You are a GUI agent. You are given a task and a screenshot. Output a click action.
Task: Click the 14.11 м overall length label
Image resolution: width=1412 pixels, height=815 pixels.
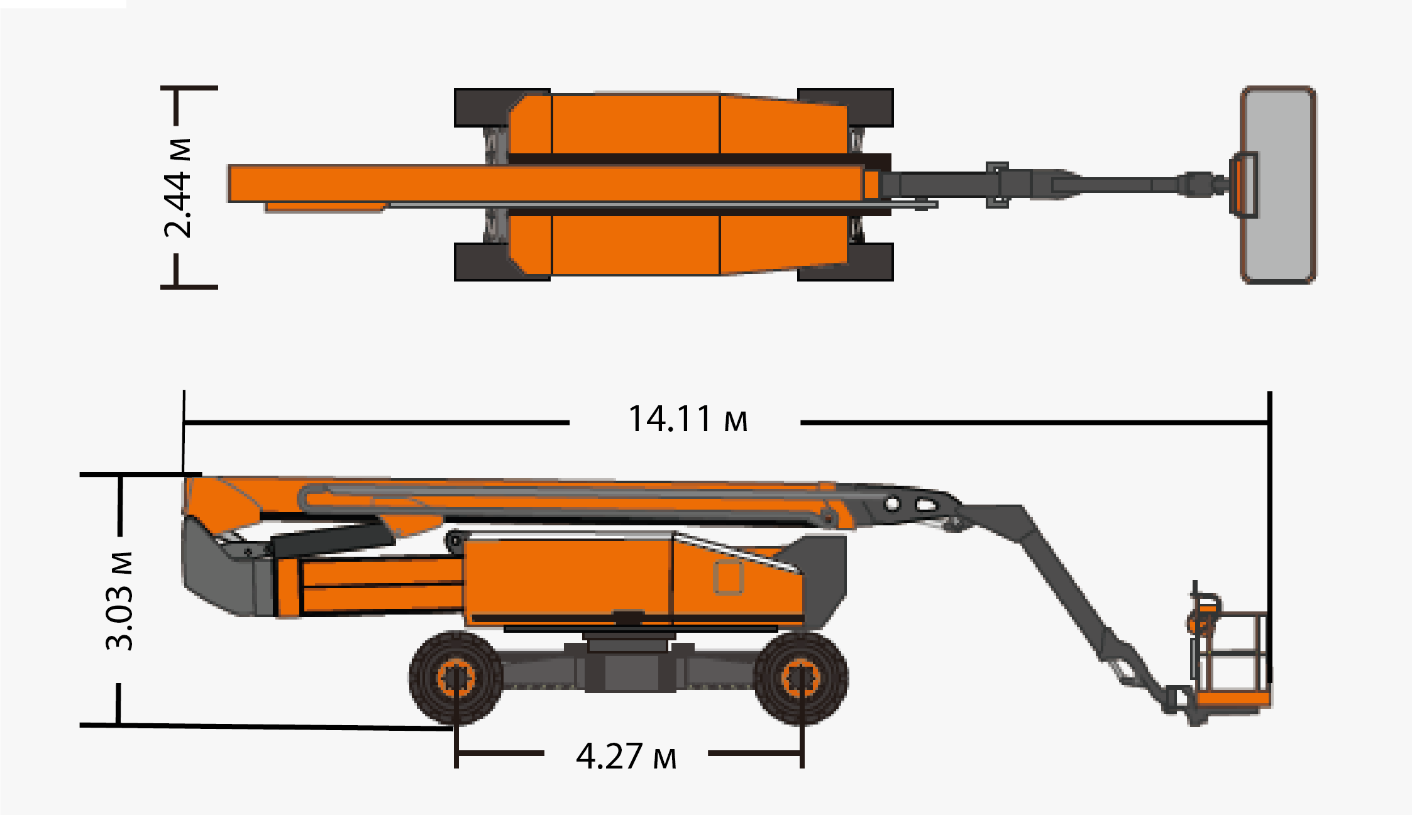click(688, 419)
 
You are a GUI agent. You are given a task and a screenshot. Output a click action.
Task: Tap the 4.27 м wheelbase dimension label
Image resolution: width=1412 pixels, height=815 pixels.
click(626, 756)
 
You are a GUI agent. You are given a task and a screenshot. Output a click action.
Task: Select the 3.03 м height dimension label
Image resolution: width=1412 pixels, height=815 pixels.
click(119, 601)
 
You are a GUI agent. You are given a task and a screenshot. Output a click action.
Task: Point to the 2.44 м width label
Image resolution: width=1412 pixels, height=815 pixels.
click(177, 188)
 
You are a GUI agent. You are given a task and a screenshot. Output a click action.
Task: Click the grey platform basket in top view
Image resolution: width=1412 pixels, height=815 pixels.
click(1278, 185)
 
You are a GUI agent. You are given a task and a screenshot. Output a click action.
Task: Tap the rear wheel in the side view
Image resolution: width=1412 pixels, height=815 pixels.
click(456, 678)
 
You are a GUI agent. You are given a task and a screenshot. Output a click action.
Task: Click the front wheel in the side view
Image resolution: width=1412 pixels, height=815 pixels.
click(801, 678)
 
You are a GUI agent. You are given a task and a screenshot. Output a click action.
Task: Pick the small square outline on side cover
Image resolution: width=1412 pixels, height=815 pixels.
click(729, 577)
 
